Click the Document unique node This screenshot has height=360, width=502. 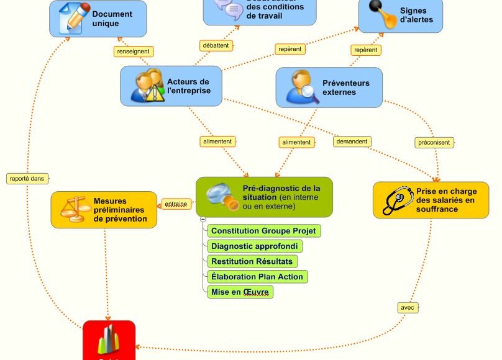pos(98,19)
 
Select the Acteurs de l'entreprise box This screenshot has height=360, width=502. pos(171,86)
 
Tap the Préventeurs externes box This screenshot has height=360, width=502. pos(329,88)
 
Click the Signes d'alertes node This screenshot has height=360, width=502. pos(400,16)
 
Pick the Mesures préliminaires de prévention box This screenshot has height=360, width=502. pos(104,210)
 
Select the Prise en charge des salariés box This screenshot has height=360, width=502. pos(431,200)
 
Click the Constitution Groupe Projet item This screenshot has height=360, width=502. pos(263,231)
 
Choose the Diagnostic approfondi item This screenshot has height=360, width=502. pos(255,246)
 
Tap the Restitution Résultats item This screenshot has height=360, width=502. pos(252,261)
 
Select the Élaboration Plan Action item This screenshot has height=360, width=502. pos(257,277)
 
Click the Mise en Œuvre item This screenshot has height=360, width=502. pos(240,292)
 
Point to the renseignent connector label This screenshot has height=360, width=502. pos(134,52)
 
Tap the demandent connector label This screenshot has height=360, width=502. pos(352,142)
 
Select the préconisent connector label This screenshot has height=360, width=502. pos(435,143)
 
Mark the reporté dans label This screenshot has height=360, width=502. pos(27,178)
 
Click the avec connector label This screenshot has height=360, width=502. pos(407,307)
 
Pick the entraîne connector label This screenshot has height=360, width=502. pos(176,204)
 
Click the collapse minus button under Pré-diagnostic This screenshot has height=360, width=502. pos(203,219)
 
